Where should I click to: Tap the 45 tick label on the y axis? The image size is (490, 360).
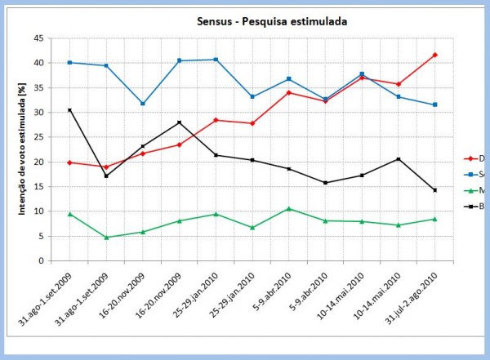click(x=38, y=38)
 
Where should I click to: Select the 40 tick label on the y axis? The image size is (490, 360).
click(x=38, y=63)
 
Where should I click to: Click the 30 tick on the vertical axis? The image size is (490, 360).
click(x=38, y=113)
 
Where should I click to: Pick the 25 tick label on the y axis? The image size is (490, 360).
click(x=38, y=137)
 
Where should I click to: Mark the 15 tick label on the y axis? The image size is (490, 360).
click(x=38, y=187)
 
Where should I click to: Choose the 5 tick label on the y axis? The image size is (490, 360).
click(x=41, y=237)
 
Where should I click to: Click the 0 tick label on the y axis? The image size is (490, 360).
click(x=41, y=261)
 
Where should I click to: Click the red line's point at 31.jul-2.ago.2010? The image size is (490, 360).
click(x=435, y=55)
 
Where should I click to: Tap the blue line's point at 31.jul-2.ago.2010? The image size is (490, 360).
click(x=435, y=104)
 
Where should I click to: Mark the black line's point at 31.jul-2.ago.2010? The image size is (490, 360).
click(x=435, y=190)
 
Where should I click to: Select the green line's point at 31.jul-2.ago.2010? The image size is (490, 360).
click(x=435, y=219)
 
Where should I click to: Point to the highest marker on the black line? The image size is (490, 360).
click(x=70, y=110)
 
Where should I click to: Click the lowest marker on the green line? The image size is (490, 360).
click(x=106, y=238)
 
